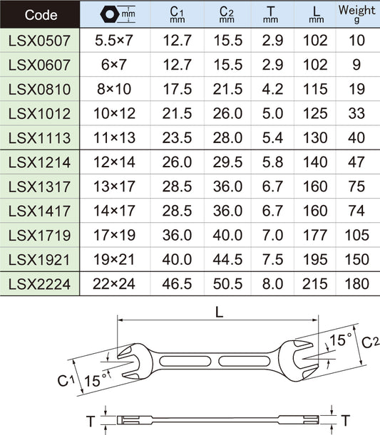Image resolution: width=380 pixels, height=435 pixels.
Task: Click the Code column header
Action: (x=41, y=15)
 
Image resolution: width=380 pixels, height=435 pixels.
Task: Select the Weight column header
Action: (x=357, y=14)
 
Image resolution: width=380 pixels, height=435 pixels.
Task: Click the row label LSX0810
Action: (x=39, y=89)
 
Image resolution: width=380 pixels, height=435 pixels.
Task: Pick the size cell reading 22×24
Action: (x=114, y=284)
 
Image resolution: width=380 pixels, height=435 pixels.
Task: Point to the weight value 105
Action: (x=357, y=235)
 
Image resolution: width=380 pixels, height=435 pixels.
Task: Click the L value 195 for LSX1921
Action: (x=315, y=260)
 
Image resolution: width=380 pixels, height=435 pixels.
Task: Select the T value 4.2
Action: (x=272, y=89)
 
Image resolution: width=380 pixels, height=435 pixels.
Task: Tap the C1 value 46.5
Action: (x=177, y=284)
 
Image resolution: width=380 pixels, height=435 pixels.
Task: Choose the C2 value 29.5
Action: (x=227, y=162)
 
